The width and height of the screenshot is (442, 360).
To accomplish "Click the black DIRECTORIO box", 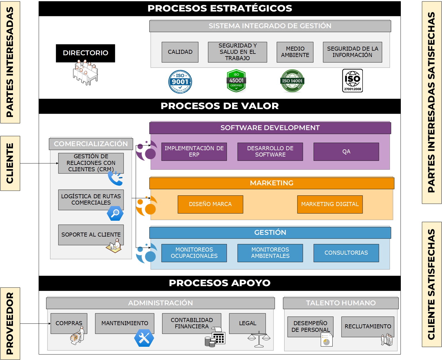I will click(x=86, y=53).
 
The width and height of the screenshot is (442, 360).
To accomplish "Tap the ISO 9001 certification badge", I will click(x=180, y=82).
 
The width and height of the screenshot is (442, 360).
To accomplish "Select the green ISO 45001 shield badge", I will click(x=236, y=81).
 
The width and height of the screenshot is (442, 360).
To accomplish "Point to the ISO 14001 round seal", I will click(x=292, y=81).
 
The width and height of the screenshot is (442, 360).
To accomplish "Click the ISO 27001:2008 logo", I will click(x=352, y=81).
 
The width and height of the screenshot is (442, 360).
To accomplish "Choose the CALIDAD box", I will click(x=180, y=52).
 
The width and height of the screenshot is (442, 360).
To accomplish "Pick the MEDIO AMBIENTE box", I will click(x=295, y=52).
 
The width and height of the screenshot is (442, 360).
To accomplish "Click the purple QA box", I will click(x=346, y=152).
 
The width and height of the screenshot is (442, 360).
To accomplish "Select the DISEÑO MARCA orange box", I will click(x=210, y=204).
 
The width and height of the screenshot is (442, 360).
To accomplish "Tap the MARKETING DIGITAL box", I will click(x=330, y=204).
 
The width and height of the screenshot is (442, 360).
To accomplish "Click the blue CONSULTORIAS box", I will click(x=346, y=253).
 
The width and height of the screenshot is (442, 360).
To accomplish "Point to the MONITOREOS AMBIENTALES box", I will click(x=270, y=253).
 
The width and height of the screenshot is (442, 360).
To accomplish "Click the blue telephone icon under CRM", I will click(x=115, y=178).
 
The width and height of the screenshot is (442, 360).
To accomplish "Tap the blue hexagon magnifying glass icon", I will click(x=115, y=214).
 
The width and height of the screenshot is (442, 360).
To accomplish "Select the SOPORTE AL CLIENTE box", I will click(x=91, y=235).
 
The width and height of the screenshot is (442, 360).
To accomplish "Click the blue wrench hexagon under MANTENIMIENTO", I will click(x=144, y=338).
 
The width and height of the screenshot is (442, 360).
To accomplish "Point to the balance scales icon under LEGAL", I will click(x=259, y=339).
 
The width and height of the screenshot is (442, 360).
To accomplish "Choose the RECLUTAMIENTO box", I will click(x=368, y=327).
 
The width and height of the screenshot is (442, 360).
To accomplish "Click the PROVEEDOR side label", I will click(x=10, y=323).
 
